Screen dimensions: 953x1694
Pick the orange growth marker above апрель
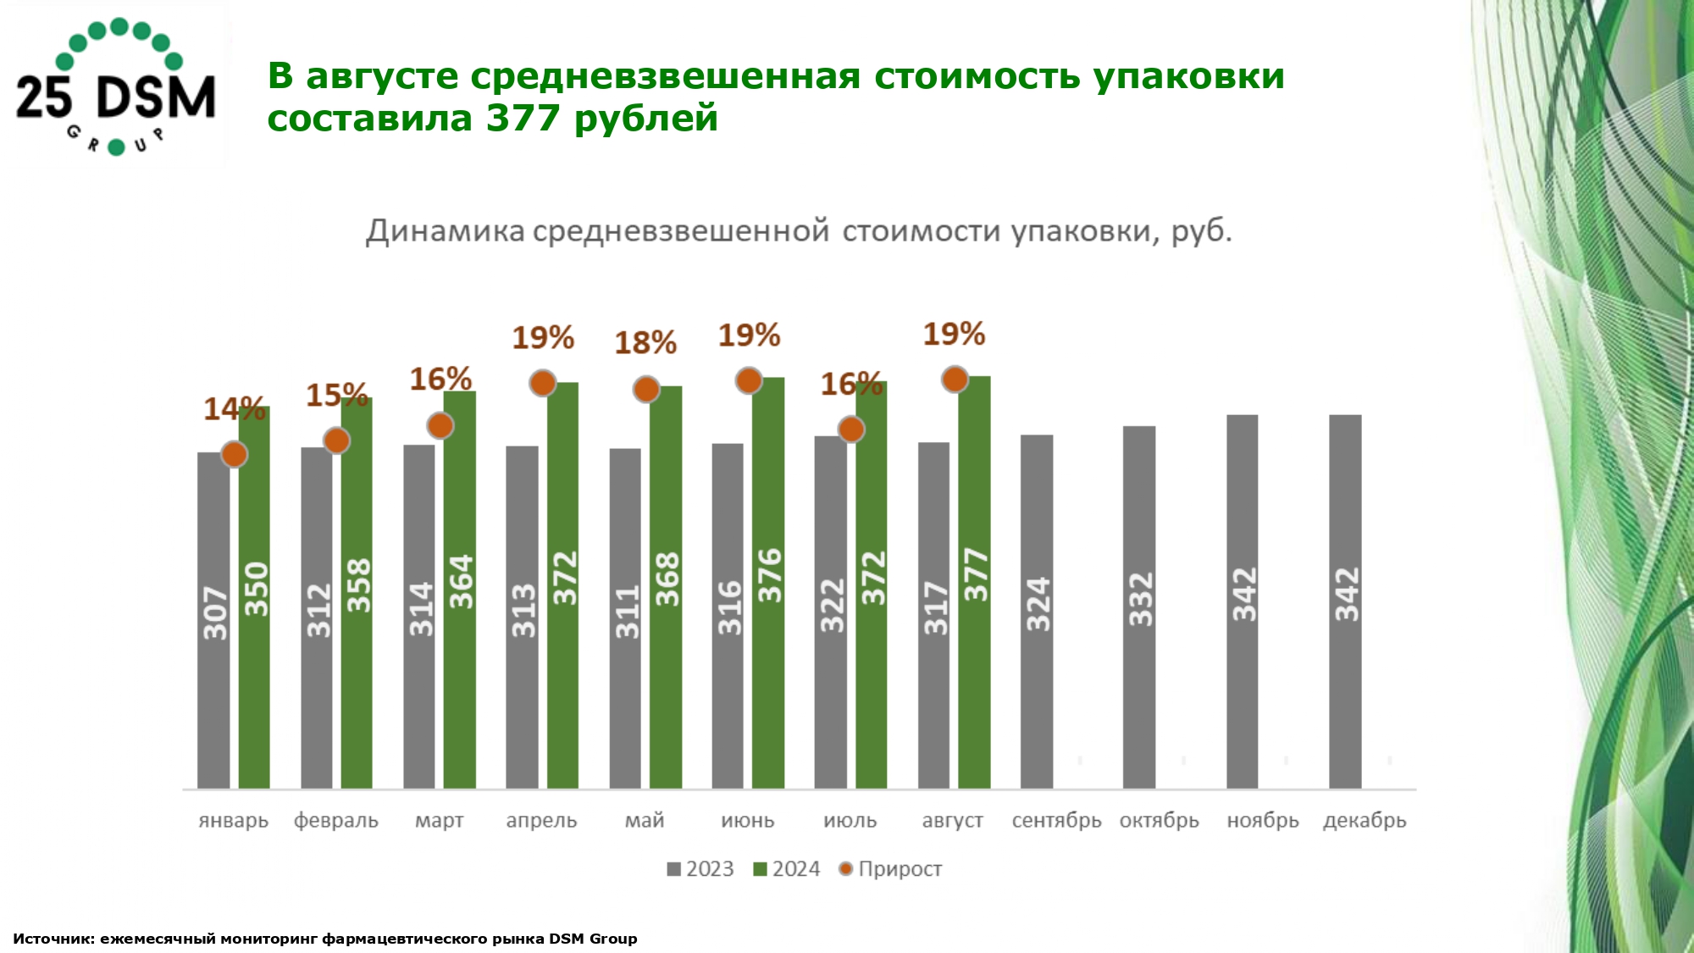[543, 384]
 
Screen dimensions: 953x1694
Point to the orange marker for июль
[851, 429]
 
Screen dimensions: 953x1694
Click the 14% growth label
[234, 409]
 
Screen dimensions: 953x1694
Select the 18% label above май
[645, 343]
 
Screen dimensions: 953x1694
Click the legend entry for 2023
[700, 869]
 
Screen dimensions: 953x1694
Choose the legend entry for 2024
[787, 869]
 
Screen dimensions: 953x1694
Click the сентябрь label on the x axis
[1056, 820]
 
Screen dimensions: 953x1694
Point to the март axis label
[439, 820]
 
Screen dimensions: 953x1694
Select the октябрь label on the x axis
[1159, 820]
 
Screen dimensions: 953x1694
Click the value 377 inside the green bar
[976, 575]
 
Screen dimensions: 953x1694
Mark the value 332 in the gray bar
[1141, 600]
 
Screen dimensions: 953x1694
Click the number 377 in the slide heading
[521, 118]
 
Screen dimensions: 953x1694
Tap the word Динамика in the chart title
[445, 231]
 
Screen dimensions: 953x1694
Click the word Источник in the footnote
[53, 939]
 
